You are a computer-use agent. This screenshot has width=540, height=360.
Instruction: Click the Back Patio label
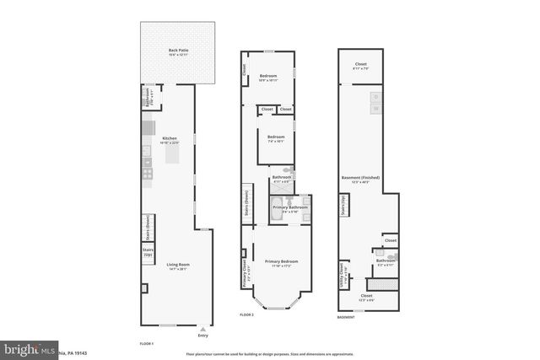[x=177, y=51]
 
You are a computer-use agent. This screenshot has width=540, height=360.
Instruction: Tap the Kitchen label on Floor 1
[x=170, y=140]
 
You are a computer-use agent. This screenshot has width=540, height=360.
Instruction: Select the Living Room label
[x=177, y=266]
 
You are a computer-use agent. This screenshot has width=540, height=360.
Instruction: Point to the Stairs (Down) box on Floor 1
[x=148, y=226]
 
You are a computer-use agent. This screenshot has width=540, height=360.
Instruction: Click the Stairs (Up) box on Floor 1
[x=148, y=252]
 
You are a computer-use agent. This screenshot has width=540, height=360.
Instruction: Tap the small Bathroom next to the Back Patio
[x=147, y=95]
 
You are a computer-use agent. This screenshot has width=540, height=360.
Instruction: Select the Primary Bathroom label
[x=289, y=208]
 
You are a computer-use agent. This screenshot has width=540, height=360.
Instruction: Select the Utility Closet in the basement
[x=343, y=275]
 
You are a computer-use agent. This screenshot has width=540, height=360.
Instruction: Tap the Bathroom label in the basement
[x=386, y=261]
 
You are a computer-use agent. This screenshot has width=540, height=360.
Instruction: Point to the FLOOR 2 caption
[x=246, y=314]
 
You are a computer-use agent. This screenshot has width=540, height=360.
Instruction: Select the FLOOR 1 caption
[x=147, y=344]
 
